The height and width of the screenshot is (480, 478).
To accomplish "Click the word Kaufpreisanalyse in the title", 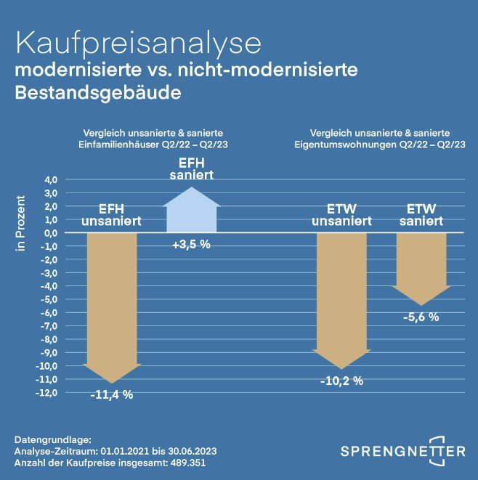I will click(138, 43).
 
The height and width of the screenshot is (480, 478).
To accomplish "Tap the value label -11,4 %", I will click(112, 394).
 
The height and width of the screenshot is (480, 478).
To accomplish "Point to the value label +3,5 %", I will click(191, 244).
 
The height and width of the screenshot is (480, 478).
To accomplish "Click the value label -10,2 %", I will click(341, 380).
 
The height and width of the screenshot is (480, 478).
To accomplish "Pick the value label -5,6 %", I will click(421, 317).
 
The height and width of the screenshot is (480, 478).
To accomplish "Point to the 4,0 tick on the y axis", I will click(50, 179).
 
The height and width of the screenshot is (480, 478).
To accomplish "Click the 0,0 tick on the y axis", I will click(50, 233).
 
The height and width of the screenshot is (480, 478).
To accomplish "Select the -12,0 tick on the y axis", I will click(47, 393).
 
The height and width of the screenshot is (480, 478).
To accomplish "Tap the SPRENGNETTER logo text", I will click(403, 452).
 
